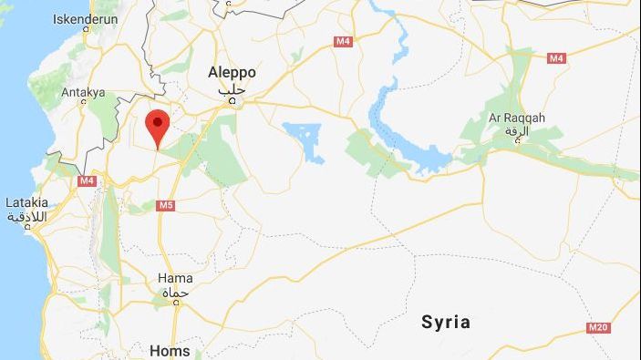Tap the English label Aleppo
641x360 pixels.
(x=232, y=73)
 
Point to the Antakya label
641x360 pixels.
(x=83, y=92)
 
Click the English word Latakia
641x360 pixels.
(x=26, y=201)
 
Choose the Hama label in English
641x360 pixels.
(x=175, y=278)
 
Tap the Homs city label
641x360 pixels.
(x=170, y=350)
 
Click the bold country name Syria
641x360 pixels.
(x=446, y=322)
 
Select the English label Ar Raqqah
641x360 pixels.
(x=517, y=118)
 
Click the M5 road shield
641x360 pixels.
(x=165, y=205)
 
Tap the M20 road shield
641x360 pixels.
(x=598, y=327)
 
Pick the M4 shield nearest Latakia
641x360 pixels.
(x=87, y=180)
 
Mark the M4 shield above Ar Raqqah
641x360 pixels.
(x=556, y=58)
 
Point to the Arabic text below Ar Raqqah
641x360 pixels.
(x=518, y=132)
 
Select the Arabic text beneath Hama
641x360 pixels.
(x=174, y=293)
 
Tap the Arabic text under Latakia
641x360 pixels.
(x=26, y=217)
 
